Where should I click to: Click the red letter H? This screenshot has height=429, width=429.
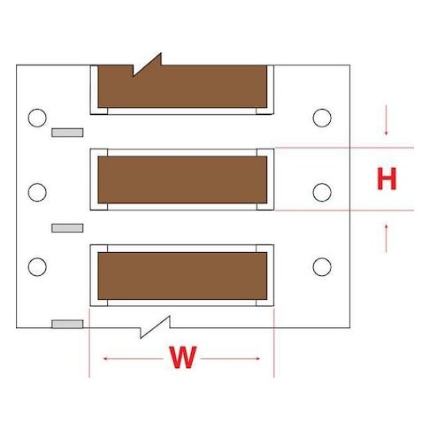pos(387,179)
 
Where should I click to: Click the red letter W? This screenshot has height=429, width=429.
pos(183,357)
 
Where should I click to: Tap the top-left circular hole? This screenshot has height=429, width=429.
pos(37,118)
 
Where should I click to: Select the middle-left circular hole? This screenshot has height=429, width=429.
pos(37,192)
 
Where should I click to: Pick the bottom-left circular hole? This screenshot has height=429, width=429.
pos(37,267)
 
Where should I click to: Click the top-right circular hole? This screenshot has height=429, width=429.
pos(322,118)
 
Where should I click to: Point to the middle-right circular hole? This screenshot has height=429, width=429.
pos(322,192)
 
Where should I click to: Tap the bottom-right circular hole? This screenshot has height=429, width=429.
pos(322,267)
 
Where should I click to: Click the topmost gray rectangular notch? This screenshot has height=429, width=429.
pos(67,133)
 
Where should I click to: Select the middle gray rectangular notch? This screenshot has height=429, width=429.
pos(67,228)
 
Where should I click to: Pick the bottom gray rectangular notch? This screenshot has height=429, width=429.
pos(67,324)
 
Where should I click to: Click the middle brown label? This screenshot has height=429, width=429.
pos(182,180)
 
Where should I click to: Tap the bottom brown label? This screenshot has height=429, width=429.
pos(182,276)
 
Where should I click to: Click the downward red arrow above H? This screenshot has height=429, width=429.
pos(386,120)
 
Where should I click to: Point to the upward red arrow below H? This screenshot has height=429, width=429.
pos(386,238)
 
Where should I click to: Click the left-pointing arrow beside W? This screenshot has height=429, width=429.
pos(133,358)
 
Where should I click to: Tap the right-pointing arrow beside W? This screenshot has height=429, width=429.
pos(230,358)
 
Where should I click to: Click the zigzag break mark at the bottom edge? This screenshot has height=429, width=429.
pos(155,327)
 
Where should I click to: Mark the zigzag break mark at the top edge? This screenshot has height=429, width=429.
pos(147,65)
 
